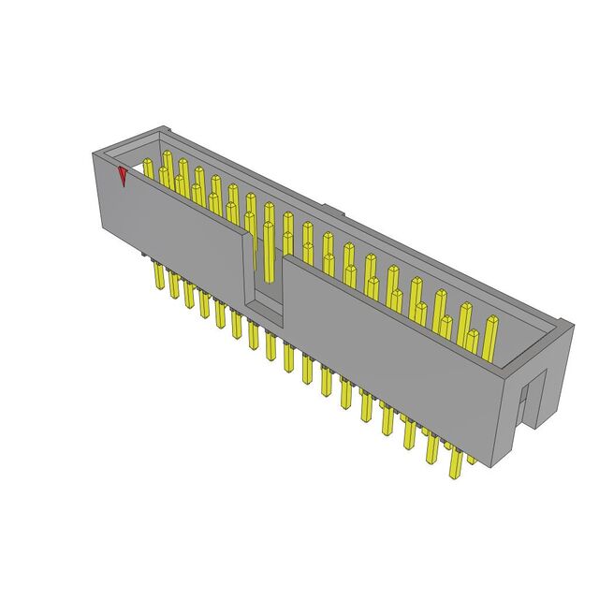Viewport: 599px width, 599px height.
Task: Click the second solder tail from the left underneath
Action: click(x=173, y=286)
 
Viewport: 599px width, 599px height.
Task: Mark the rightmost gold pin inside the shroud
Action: click(x=490, y=337)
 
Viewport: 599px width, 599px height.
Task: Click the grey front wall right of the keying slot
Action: click(x=393, y=346)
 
